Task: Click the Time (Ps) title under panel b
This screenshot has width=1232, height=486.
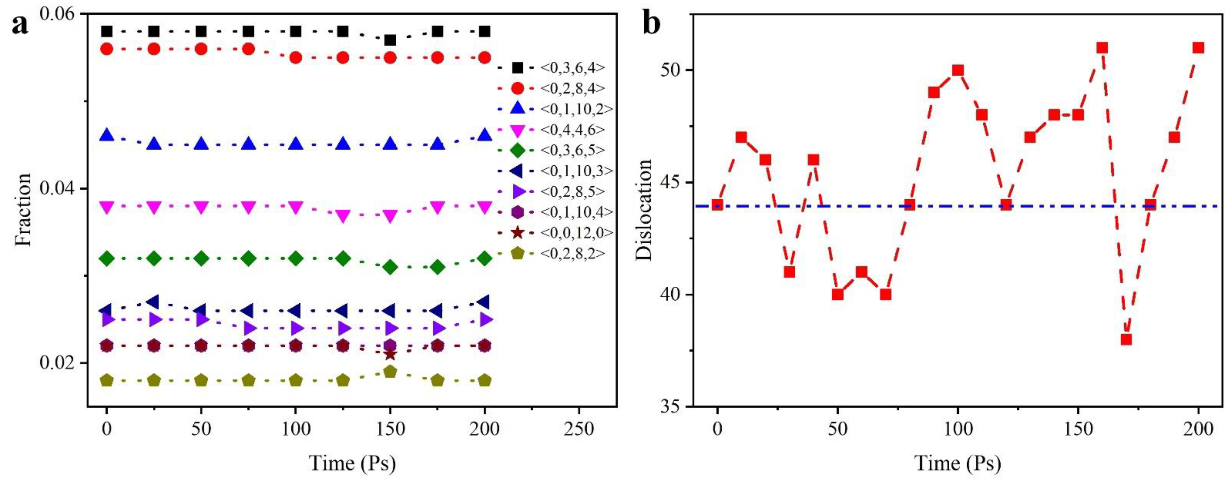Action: (958, 463)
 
